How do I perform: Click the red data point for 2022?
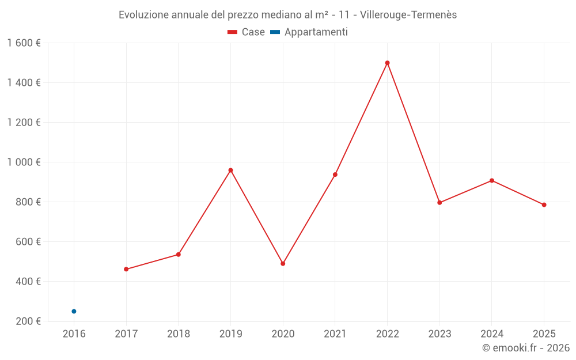point(387,63)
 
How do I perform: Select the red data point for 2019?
point(230,170)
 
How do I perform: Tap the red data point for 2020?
point(283,264)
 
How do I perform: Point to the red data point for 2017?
point(126,269)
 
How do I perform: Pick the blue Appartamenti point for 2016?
point(74,311)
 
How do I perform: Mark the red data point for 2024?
point(492,181)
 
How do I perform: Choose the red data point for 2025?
point(544,205)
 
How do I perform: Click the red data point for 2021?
point(335,175)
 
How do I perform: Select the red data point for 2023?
point(439,203)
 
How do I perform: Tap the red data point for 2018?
point(179,255)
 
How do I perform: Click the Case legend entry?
point(247,32)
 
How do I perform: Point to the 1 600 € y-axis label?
point(24,43)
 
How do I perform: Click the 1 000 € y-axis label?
point(24,162)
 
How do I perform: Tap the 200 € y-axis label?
point(28,321)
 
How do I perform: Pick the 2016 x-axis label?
point(74,334)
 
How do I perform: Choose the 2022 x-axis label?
point(387,334)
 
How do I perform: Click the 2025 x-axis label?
point(544,334)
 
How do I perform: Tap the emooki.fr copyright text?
point(526,348)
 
